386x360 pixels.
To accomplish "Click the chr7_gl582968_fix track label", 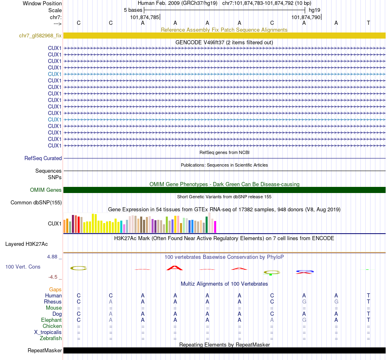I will (40, 36).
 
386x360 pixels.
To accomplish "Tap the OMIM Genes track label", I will (46, 190).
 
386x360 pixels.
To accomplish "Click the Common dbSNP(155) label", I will (36, 203).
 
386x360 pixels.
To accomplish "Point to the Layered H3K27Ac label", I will (26, 244).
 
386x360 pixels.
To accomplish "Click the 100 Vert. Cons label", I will (23, 267).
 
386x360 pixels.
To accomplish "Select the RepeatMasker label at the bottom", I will (45, 351).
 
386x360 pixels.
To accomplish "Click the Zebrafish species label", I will (50, 338).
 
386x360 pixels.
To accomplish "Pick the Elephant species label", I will (51, 320).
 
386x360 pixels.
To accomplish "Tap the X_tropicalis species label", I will (48, 332).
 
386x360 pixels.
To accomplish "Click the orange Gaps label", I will (55, 289).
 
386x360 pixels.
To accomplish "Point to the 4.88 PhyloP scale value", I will (53, 257).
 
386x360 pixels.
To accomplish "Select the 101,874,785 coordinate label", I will (145, 17).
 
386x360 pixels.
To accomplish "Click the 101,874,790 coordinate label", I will (306, 17).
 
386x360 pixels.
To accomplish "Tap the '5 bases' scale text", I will (133, 10).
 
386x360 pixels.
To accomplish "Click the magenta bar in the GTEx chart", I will (215, 227).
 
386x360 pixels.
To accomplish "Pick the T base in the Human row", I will (369, 296).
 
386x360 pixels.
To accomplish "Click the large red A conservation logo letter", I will (175, 268).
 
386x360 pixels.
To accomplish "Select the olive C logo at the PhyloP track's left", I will (78, 268).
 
